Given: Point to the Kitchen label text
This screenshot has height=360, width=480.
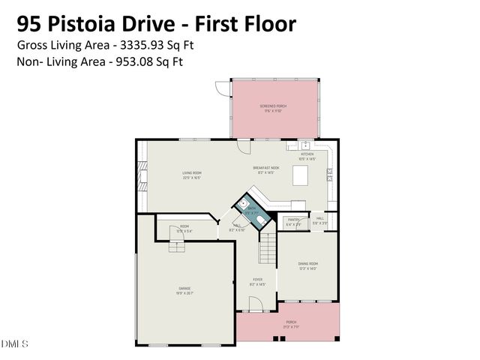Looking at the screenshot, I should coord(307,156).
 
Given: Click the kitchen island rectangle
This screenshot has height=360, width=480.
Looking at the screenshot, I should coord(301,175).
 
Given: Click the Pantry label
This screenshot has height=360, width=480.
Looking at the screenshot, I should coord(293,222).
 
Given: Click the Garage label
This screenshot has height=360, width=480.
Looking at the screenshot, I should coord(184,289).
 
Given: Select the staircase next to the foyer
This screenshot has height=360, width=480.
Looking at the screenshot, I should coord(268,247).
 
